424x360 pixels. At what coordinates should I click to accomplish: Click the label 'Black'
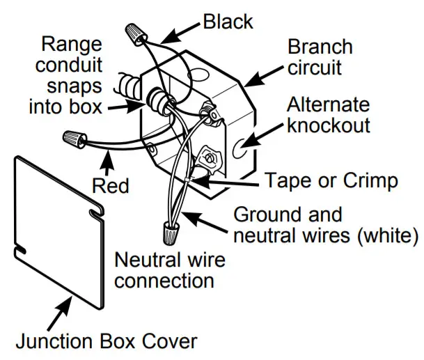(x=228, y=22)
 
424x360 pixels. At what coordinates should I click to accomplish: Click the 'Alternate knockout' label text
(x=329, y=116)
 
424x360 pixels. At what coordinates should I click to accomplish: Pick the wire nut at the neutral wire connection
(x=169, y=230)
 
